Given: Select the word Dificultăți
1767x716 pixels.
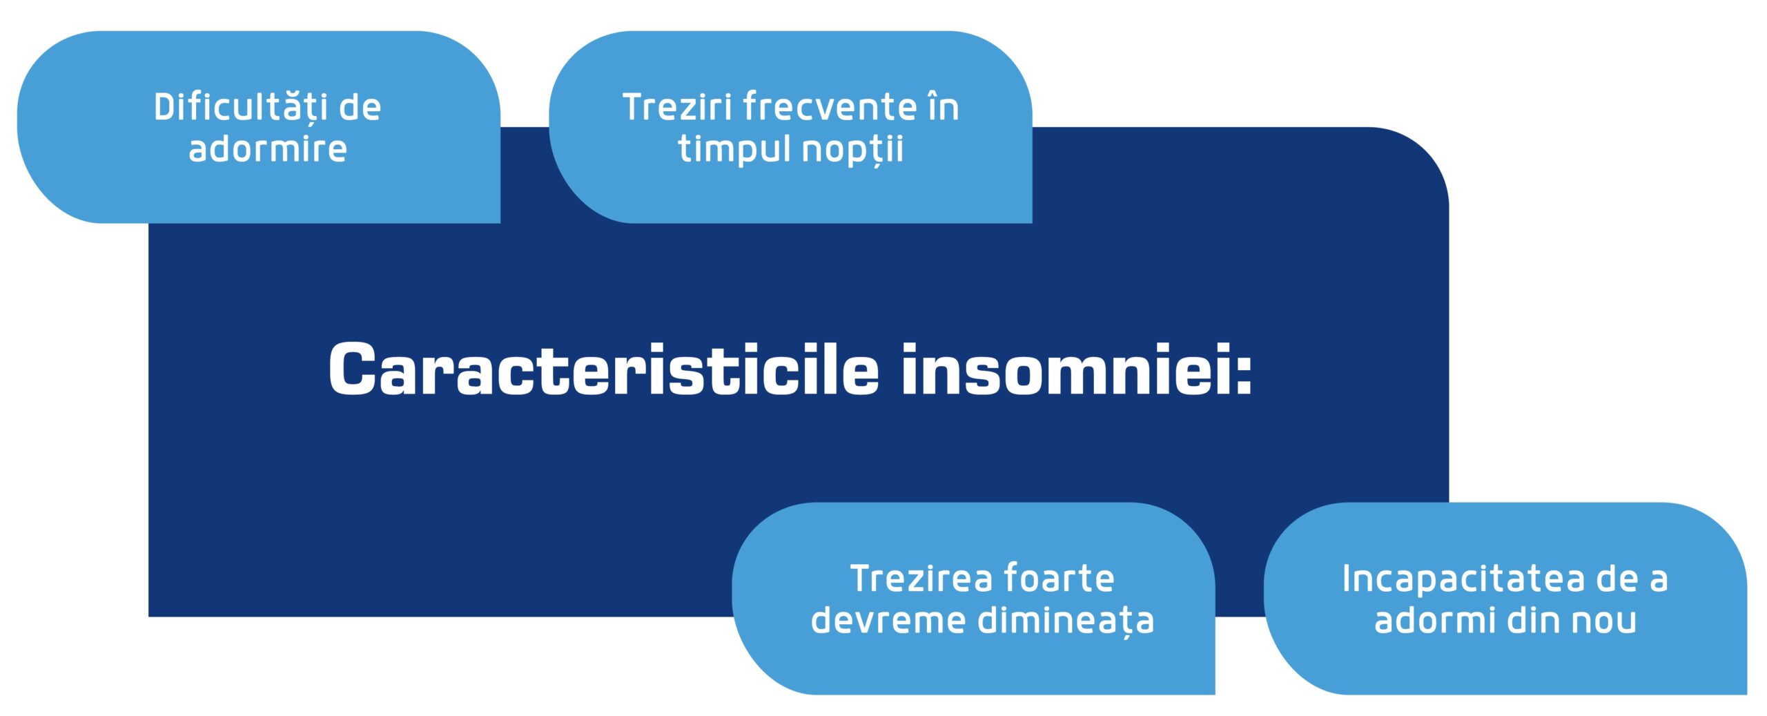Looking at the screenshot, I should pyautogui.click(x=239, y=108).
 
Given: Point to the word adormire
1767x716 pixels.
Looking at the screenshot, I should pyautogui.click(x=268, y=149).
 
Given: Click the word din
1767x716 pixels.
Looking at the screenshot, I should pyautogui.click(x=1532, y=620).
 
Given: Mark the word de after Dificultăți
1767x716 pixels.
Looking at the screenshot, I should pyautogui.click(x=360, y=108).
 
